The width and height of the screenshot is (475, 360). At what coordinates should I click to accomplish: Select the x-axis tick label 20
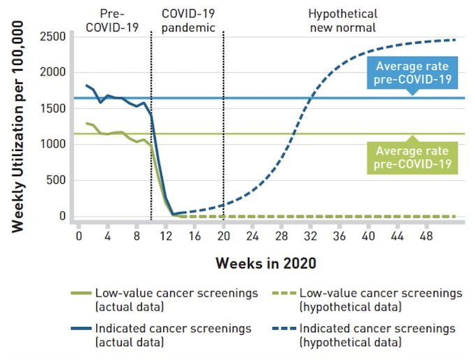click(223, 236)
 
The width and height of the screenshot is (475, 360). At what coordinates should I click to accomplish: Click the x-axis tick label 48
click(425, 236)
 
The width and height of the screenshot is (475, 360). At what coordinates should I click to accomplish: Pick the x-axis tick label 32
click(309, 236)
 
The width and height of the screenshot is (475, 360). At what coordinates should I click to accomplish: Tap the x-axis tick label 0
click(79, 236)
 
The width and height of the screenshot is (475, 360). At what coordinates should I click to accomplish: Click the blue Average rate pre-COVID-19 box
click(411, 73)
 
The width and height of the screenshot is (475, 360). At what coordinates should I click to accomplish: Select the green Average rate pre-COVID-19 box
click(411, 158)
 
